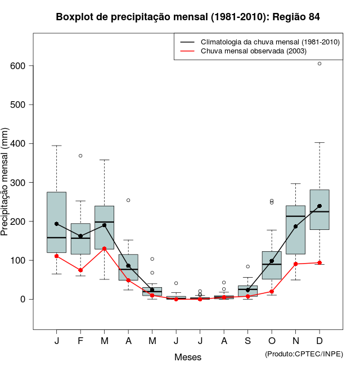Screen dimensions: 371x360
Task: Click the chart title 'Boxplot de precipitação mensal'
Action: (188, 17)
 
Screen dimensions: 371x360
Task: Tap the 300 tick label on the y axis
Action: (21, 183)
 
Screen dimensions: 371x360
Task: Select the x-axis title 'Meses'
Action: (188, 357)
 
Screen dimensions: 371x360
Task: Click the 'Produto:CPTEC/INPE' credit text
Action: (304, 354)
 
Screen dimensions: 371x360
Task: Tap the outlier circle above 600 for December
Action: (319, 64)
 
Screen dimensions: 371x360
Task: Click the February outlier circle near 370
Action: (80, 156)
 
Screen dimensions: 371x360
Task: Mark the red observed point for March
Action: (104, 248)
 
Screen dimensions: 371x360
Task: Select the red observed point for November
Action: (295, 264)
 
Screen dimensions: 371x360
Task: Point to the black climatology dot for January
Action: (56, 224)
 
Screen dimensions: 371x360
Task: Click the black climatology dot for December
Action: (319, 206)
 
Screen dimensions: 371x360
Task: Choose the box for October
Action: (272, 265)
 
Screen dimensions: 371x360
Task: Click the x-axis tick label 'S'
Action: (247, 341)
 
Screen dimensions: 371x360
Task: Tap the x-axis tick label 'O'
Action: (272, 341)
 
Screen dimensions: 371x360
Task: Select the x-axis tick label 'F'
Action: (80, 341)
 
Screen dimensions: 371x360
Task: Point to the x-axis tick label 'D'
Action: (319, 341)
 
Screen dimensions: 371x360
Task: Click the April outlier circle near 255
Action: (128, 200)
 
